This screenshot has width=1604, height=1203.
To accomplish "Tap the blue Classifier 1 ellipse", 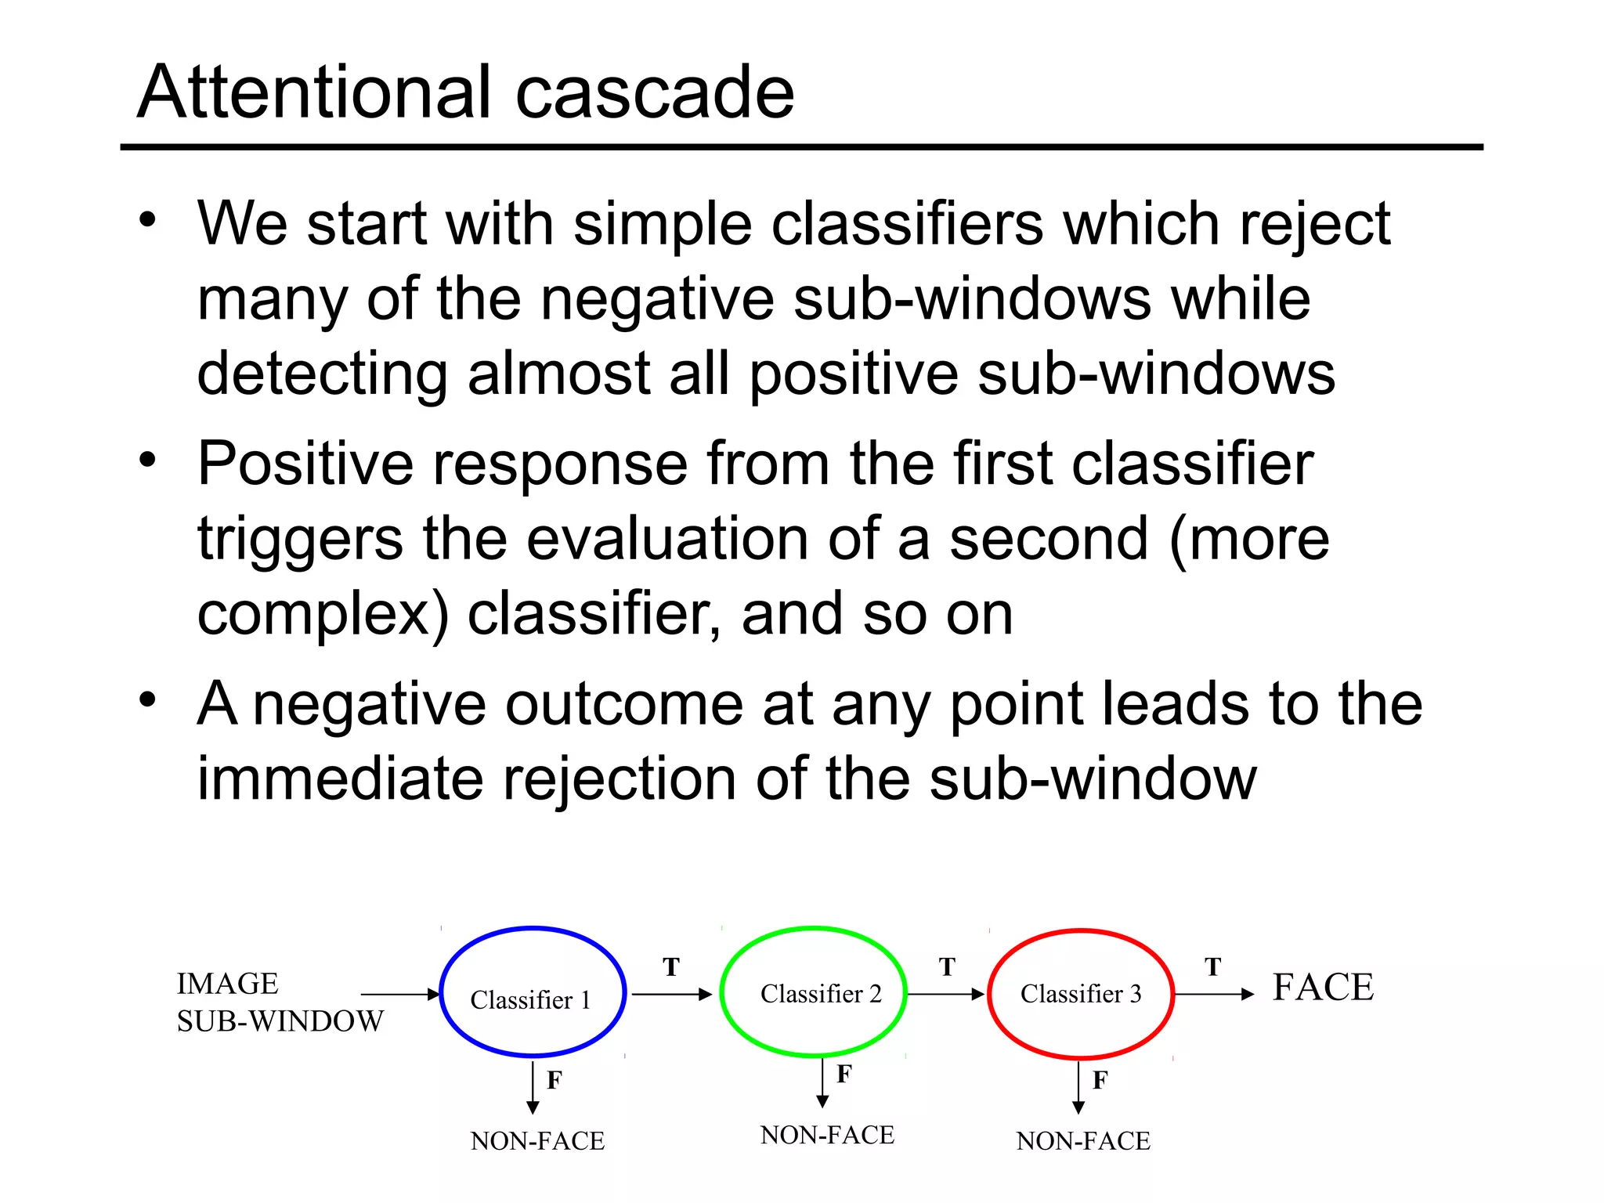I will coord(533,992).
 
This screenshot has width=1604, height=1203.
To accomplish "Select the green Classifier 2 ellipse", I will coord(813,992).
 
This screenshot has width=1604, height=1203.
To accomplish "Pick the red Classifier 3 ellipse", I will coord(1081,993).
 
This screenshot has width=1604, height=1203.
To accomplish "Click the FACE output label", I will coord(1323,987).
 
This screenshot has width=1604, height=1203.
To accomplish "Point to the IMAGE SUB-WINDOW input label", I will coord(280,1002).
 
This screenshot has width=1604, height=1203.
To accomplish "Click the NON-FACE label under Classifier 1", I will coord(537,1141).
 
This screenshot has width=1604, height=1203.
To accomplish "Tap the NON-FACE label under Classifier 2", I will coord(827,1135).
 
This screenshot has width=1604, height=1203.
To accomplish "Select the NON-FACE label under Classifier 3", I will coord(1083,1141).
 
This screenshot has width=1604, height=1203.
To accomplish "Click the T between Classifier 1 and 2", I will coord(671,967).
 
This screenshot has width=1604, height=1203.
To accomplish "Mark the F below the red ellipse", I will coord(1100,1081).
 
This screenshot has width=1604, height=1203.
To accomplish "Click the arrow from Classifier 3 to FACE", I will coord(1214,995).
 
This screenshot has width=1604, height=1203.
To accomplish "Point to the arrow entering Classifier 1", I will coord(399,995).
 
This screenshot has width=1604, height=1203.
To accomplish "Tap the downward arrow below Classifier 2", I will coord(822,1082).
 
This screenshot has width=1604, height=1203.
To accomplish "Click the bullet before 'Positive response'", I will coord(148,461).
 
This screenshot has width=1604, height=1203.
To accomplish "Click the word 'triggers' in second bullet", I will coord(300,540).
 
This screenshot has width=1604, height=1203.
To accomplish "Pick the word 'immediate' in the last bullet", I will coord(339,779).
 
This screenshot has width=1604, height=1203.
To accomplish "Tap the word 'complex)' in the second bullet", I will coord(322,616).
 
